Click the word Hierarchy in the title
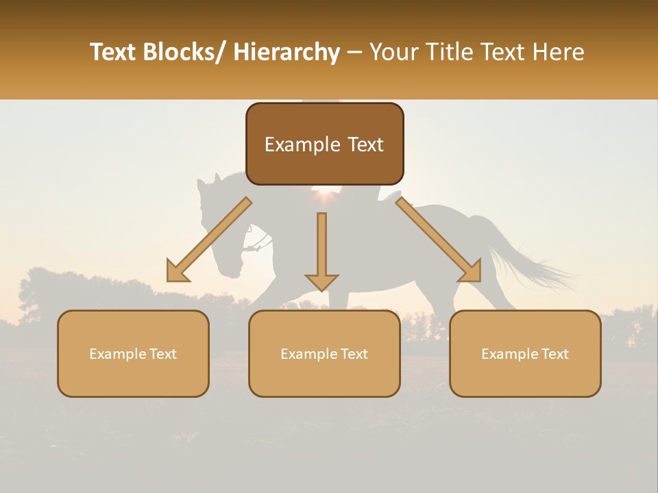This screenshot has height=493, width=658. click(x=287, y=52)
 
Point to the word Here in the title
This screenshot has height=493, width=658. click(x=559, y=52)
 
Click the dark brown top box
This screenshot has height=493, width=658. click(x=324, y=144)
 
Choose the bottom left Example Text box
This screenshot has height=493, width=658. click(x=133, y=353)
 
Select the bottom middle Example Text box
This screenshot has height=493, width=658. click(x=324, y=353)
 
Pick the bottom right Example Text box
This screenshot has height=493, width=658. click(x=525, y=353)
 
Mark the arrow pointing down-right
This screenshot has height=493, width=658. click(x=439, y=239)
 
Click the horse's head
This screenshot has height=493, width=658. click(x=219, y=233)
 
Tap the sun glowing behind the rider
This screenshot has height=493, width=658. click(x=323, y=198)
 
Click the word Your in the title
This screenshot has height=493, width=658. click(x=394, y=52)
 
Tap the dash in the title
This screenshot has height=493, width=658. click(x=354, y=52)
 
